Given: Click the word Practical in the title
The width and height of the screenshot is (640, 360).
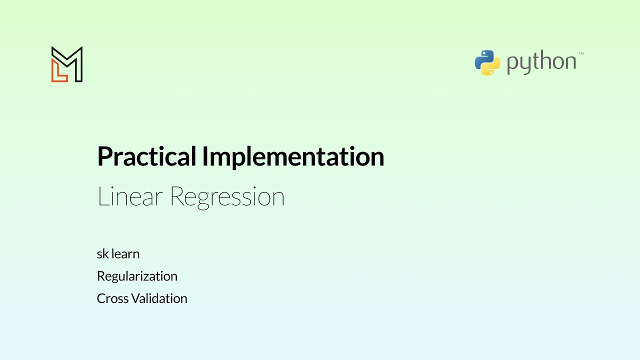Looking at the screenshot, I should tap(147, 157).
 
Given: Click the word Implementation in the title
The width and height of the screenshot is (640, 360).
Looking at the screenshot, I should tap(293, 157).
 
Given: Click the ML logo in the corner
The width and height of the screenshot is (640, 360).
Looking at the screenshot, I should tap(67, 64).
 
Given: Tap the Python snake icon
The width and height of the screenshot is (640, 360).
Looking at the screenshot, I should tap(487, 63).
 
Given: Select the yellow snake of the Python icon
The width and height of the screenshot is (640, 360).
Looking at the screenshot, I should tap(492, 68).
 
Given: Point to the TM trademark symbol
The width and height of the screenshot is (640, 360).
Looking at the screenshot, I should tap(581, 53).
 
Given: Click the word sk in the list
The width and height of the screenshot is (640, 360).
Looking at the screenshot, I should tap(102, 254).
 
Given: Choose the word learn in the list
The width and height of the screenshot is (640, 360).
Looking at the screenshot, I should tap(125, 254).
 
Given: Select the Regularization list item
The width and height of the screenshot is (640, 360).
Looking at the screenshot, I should tap(137, 276).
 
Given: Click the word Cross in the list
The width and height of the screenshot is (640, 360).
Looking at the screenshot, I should tap(112, 298).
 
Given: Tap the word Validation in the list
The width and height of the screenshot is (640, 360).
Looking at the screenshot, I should tap(159, 298).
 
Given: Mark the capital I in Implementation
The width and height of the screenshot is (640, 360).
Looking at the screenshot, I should tap(205, 157).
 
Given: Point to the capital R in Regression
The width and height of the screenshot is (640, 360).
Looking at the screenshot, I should tap(177, 196).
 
